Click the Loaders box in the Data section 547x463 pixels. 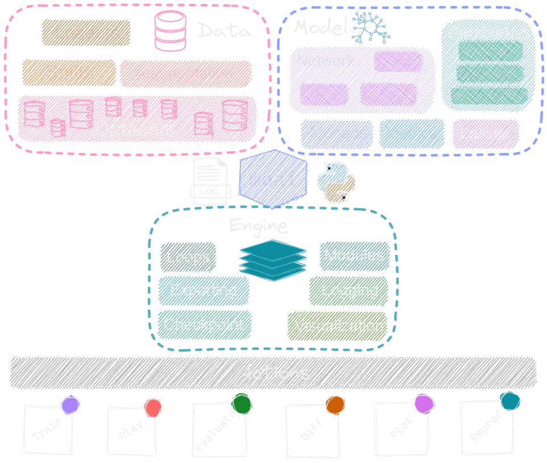(x=85, y=32)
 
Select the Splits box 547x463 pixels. (x=69, y=73)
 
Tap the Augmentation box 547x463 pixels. (x=185, y=73)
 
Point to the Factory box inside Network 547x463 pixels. (x=323, y=94)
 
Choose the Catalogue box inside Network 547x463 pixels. (x=387, y=96)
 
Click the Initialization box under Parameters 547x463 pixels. (x=489, y=51)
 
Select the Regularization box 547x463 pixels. (x=489, y=96)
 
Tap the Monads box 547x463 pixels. (x=337, y=134)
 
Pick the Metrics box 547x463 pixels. (x=411, y=134)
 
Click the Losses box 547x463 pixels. (x=485, y=134)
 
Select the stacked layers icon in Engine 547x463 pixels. (x=273, y=259)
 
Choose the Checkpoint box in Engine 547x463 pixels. (x=204, y=325)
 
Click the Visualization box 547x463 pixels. (x=338, y=326)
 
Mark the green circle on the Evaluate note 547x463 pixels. (x=242, y=404)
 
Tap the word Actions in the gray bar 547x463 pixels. (x=274, y=373)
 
